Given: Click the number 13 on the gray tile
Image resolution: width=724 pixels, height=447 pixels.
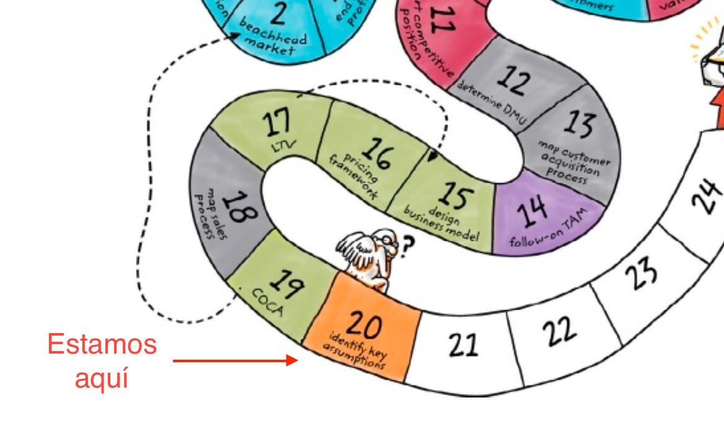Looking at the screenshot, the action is [578, 123].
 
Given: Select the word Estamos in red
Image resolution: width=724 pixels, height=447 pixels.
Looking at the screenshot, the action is [102, 344].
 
